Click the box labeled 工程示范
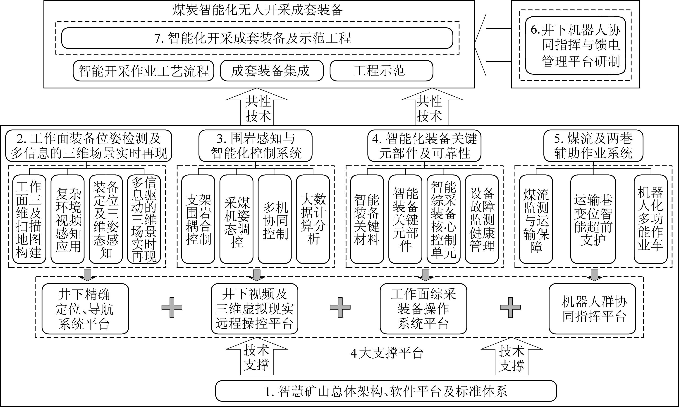click(x=381, y=71)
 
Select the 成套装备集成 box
click(x=272, y=71)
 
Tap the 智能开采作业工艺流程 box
click(x=143, y=71)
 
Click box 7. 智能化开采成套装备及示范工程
click(x=257, y=38)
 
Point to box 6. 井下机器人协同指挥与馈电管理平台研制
click(x=575, y=45)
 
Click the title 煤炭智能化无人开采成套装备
click(x=258, y=10)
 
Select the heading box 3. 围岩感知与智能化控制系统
click(x=255, y=146)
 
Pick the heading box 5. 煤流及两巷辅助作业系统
click(x=593, y=146)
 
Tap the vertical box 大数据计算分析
click(x=313, y=219)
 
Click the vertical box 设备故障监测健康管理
click(x=482, y=219)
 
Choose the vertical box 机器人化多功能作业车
click(x=650, y=219)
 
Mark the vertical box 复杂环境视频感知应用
click(x=67, y=219)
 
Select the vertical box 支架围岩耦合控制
click(x=198, y=219)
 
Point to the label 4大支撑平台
click(x=387, y=353)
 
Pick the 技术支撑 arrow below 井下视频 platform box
click(x=256, y=358)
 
